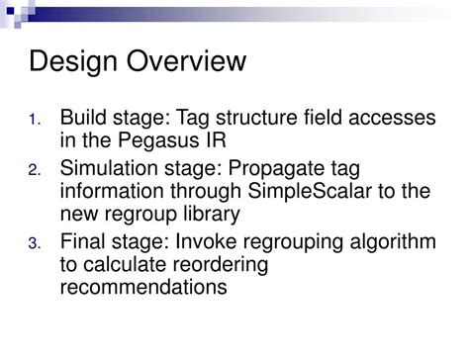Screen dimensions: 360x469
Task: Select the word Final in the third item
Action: (82, 242)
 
